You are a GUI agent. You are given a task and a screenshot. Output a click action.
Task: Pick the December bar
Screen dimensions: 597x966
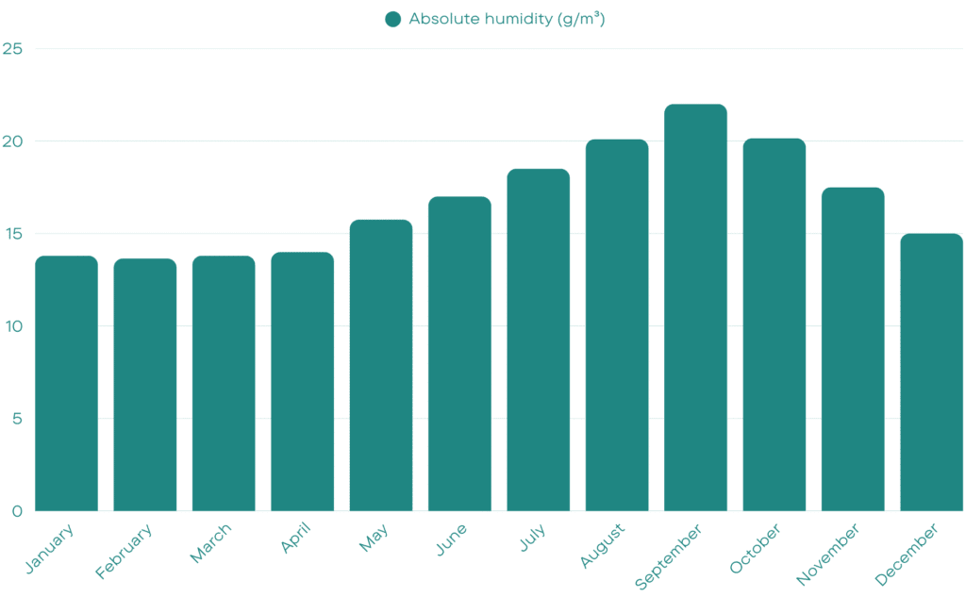pyautogui.click(x=931, y=373)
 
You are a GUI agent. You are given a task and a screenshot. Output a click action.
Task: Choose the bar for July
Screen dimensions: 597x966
pyautogui.click(x=538, y=340)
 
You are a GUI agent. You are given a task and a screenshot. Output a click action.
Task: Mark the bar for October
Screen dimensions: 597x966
pyautogui.click(x=774, y=325)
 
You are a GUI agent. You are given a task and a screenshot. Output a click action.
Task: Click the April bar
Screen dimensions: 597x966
pyautogui.click(x=302, y=382)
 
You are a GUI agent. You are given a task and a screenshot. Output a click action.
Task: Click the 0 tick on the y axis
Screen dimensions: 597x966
pyautogui.click(x=15, y=511)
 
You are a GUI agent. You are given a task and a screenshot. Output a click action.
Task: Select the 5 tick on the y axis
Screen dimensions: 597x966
pyautogui.click(x=15, y=419)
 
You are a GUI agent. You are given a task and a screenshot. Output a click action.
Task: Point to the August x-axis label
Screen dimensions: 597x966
pyautogui.click(x=603, y=546)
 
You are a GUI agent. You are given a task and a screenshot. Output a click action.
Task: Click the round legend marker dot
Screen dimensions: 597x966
pyautogui.click(x=393, y=19)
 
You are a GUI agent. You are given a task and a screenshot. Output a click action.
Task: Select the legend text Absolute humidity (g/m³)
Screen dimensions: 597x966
pyautogui.click(x=507, y=19)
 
